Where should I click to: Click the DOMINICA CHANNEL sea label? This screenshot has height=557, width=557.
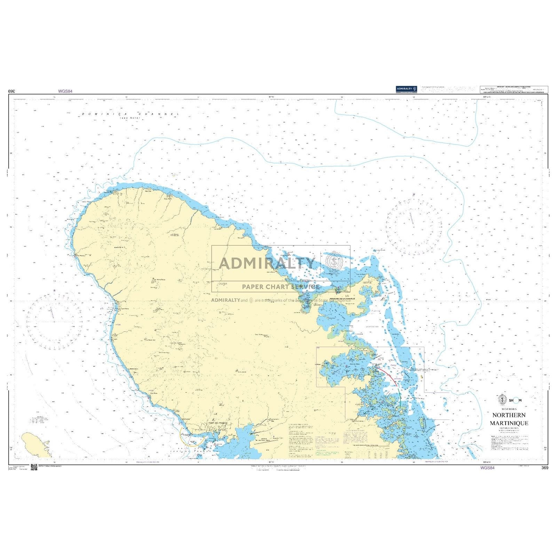coord(131,114)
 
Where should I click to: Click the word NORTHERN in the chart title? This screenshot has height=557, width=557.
coord(509,415)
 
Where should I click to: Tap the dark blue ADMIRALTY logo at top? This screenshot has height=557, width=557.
coord(406,89)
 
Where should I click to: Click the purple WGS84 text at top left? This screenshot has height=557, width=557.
coord(65,91)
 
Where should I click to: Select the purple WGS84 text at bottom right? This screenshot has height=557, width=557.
coord(487,468)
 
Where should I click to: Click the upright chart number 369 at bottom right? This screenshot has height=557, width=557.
coord(545,468)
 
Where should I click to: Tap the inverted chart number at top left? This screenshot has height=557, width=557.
coord(13,91)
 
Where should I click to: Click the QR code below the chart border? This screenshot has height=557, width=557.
coord(34,467)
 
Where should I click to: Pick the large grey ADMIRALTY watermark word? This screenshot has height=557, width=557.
coord(267,264)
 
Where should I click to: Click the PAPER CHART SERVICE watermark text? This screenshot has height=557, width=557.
coord(281,287)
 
